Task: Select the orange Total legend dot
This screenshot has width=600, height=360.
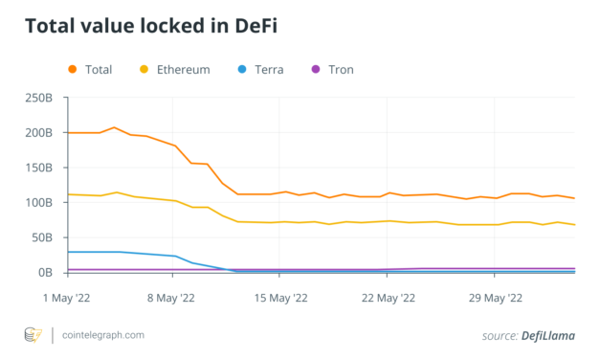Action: pyautogui.click(x=73, y=69)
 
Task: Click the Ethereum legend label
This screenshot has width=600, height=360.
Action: pyautogui.click(x=182, y=69)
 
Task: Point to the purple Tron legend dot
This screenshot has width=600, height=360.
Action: pyautogui.click(x=317, y=69)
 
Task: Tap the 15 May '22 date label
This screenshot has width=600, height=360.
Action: pyautogui.click(x=280, y=297)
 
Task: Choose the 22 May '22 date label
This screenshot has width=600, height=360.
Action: pyautogui.click(x=389, y=297)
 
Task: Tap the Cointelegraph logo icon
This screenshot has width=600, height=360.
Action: pyautogui.click(x=34, y=334)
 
